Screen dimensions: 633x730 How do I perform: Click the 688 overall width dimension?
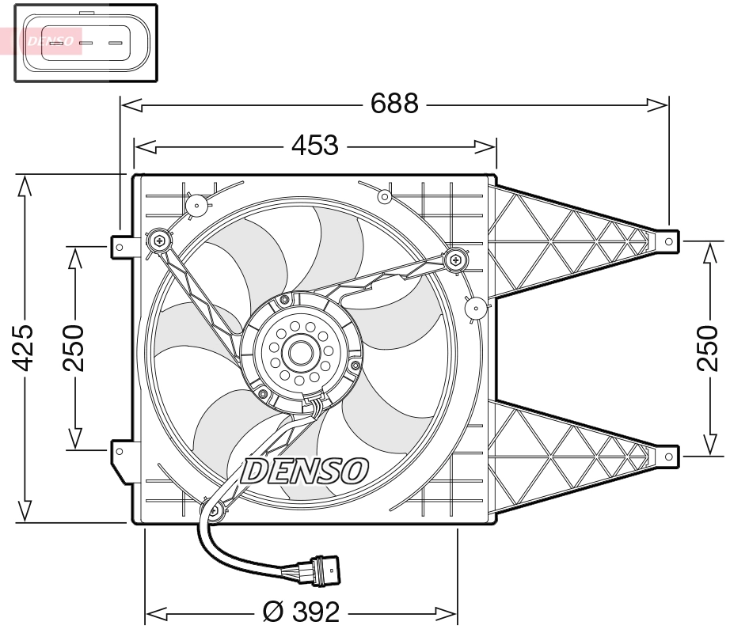click(394, 103)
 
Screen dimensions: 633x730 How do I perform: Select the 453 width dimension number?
click(315, 146)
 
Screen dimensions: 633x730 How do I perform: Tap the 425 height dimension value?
click(25, 348)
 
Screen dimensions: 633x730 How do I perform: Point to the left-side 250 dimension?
click(74, 348)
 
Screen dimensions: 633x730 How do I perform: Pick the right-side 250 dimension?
click(706, 348)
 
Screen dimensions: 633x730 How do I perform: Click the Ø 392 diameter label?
click(301, 612)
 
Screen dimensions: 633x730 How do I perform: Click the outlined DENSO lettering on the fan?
click(305, 471)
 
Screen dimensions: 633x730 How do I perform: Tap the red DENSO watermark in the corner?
click(49, 40)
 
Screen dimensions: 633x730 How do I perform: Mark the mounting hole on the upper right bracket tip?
click(668, 240)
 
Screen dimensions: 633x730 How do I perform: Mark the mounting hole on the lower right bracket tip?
click(668, 456)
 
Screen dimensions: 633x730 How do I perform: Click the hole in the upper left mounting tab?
click(120, 247)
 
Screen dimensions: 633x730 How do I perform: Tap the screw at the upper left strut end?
click(159, 239)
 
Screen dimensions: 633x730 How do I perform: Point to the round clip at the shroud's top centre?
click(384, 195)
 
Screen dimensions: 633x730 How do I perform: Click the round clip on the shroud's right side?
click(476, 307)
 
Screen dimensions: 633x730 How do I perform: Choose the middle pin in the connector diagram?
click(86, 43)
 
